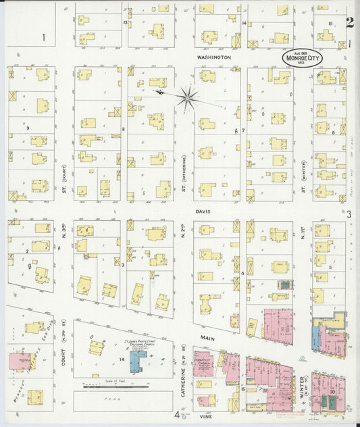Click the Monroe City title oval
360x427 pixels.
302,58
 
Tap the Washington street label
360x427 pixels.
213,58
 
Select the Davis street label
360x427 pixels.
204,211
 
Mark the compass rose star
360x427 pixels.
188,96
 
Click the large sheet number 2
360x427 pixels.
349,23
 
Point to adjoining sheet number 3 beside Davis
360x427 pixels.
349,214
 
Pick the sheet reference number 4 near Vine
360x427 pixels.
177,415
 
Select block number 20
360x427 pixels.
333,391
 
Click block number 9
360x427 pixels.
28,127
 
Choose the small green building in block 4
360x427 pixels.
286,284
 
